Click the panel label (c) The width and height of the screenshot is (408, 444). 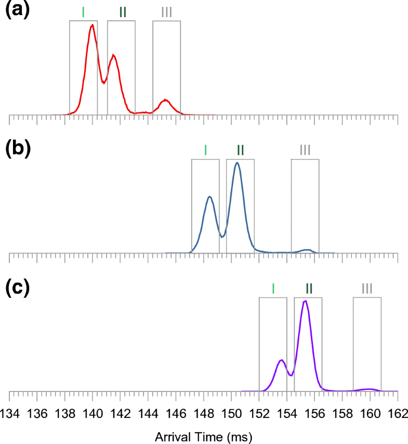18,288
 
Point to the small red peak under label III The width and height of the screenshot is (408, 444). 165,100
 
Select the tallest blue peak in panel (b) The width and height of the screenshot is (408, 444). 238,163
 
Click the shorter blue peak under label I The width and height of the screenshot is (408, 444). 209,197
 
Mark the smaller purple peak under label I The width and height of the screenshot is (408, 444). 281,360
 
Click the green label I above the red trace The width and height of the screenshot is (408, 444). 83,11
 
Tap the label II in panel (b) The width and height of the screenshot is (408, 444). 240,150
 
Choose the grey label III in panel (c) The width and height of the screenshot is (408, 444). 367,288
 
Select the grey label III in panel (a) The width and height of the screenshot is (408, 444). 166,11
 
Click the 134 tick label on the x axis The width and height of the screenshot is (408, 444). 10,413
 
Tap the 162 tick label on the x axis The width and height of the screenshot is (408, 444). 398,413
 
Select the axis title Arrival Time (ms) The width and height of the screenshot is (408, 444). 203,433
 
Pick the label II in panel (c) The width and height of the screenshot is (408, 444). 308,288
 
